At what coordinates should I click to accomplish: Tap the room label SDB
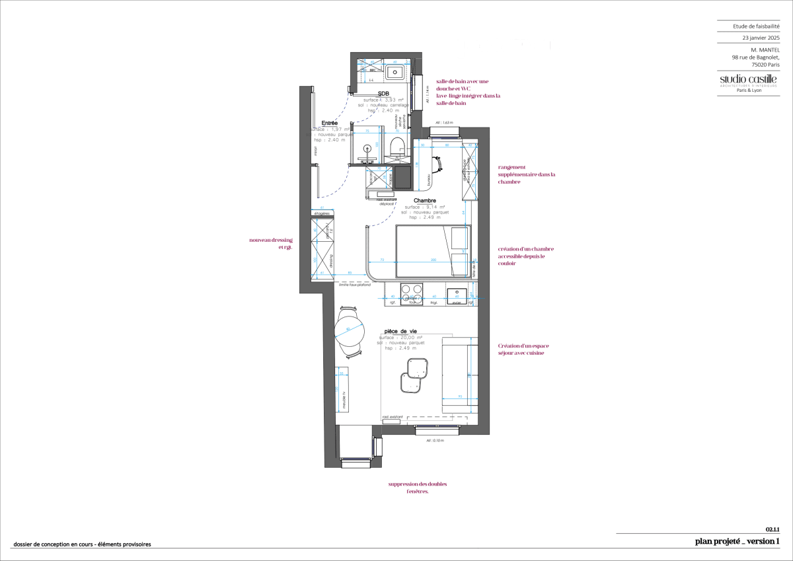383,94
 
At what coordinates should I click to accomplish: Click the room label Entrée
329,123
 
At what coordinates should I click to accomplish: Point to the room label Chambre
424,201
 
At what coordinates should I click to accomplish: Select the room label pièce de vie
400,332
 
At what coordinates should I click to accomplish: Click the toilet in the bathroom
397,147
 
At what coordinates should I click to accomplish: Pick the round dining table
350,329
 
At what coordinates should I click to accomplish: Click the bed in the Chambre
432,252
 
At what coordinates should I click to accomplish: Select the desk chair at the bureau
437,163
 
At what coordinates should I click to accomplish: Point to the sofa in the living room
459,374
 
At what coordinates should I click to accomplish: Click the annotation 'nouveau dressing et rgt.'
271,243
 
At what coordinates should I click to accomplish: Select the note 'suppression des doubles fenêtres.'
418,488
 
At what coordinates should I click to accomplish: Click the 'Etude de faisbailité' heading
756,26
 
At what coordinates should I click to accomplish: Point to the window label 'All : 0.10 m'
434,440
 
